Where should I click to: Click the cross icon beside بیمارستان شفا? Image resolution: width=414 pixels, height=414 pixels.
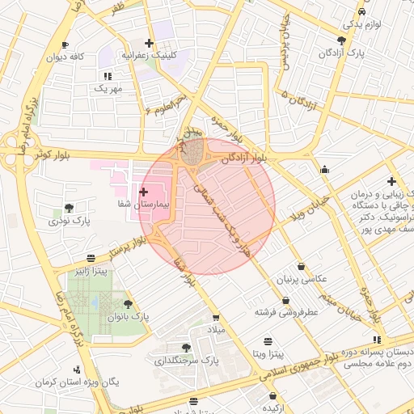point(144,192)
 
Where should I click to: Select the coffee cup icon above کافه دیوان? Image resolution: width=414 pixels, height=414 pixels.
point(65,44)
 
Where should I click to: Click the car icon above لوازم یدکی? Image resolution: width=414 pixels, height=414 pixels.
point(361,11)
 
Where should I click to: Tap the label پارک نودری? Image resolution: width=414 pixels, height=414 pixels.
point(68,220)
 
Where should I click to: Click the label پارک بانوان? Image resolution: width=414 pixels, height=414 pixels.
point(129,316)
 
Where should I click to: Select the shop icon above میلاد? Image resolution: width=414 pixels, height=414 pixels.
point(215,317)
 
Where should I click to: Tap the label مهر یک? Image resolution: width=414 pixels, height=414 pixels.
point(107,87)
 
